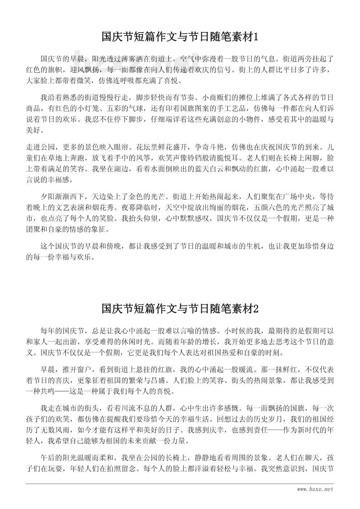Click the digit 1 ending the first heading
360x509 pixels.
point(256,37)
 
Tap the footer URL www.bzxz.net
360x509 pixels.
point(315,489)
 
